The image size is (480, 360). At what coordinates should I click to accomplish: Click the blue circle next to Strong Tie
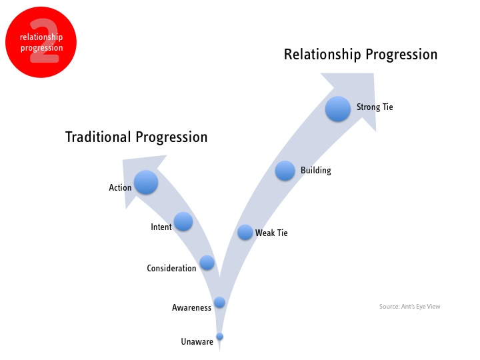coord(337,109)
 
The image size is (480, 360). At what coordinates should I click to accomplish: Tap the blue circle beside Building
coord(285,171)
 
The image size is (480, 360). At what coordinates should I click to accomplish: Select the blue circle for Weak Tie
coord(245,232)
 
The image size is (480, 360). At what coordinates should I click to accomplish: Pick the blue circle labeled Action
coord(146,182)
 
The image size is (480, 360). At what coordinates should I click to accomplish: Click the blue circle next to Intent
coord(183,221)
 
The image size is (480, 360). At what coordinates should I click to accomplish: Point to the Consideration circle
coord(207,263)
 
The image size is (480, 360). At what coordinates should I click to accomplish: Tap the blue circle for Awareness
coord(219,302)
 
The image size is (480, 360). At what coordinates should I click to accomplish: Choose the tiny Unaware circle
coord(219,337)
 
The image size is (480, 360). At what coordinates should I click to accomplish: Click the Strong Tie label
coord(375,107)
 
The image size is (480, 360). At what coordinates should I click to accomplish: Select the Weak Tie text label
coord(271,233)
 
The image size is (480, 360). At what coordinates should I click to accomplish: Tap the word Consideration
coord(171,268)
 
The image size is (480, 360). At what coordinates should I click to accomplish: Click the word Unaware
coord(197,341)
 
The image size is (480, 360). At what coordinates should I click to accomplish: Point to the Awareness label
coord(191,307)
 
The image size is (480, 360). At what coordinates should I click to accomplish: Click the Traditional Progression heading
coord(137,137)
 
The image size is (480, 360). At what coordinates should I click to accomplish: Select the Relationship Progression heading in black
coord(361,55)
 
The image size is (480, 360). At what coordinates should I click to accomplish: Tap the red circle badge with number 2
coord(41,42)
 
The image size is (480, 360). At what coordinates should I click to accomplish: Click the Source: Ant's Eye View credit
coord(409,307)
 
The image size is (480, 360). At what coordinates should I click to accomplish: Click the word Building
coord(316,171)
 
